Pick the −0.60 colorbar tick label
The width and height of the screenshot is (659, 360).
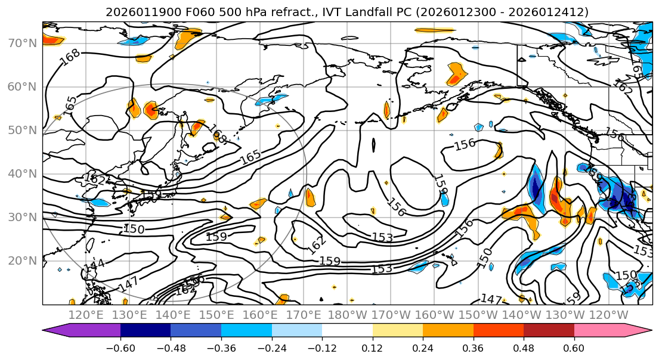[120, 348]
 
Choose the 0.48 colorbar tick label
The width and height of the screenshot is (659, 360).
[524, 348]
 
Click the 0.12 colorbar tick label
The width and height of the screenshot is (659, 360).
[372, 348]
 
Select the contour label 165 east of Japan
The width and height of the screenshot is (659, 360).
[250, 157]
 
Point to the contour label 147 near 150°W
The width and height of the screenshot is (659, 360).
[491, 299]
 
